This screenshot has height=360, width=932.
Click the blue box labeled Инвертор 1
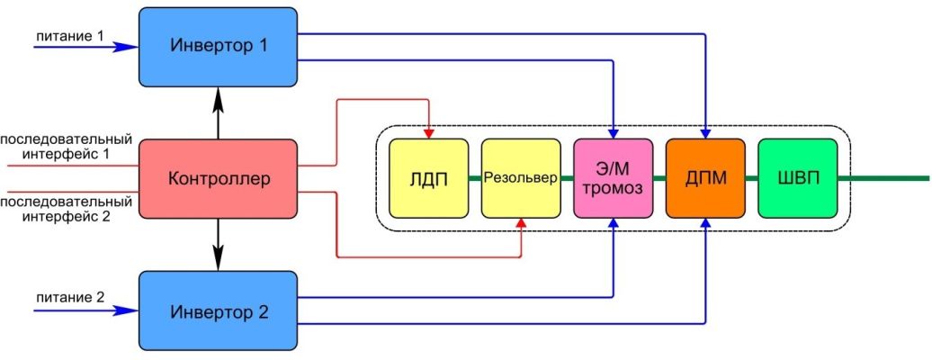218,47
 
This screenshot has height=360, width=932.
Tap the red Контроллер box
218,178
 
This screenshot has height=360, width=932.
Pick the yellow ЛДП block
428,178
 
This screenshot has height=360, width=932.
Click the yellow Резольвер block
521,178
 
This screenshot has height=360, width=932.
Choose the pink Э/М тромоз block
613,178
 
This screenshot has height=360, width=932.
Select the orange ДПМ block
705,178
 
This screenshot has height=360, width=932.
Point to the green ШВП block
798,178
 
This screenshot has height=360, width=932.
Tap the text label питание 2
70,298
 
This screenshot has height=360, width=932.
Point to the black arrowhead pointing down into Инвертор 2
218,262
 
